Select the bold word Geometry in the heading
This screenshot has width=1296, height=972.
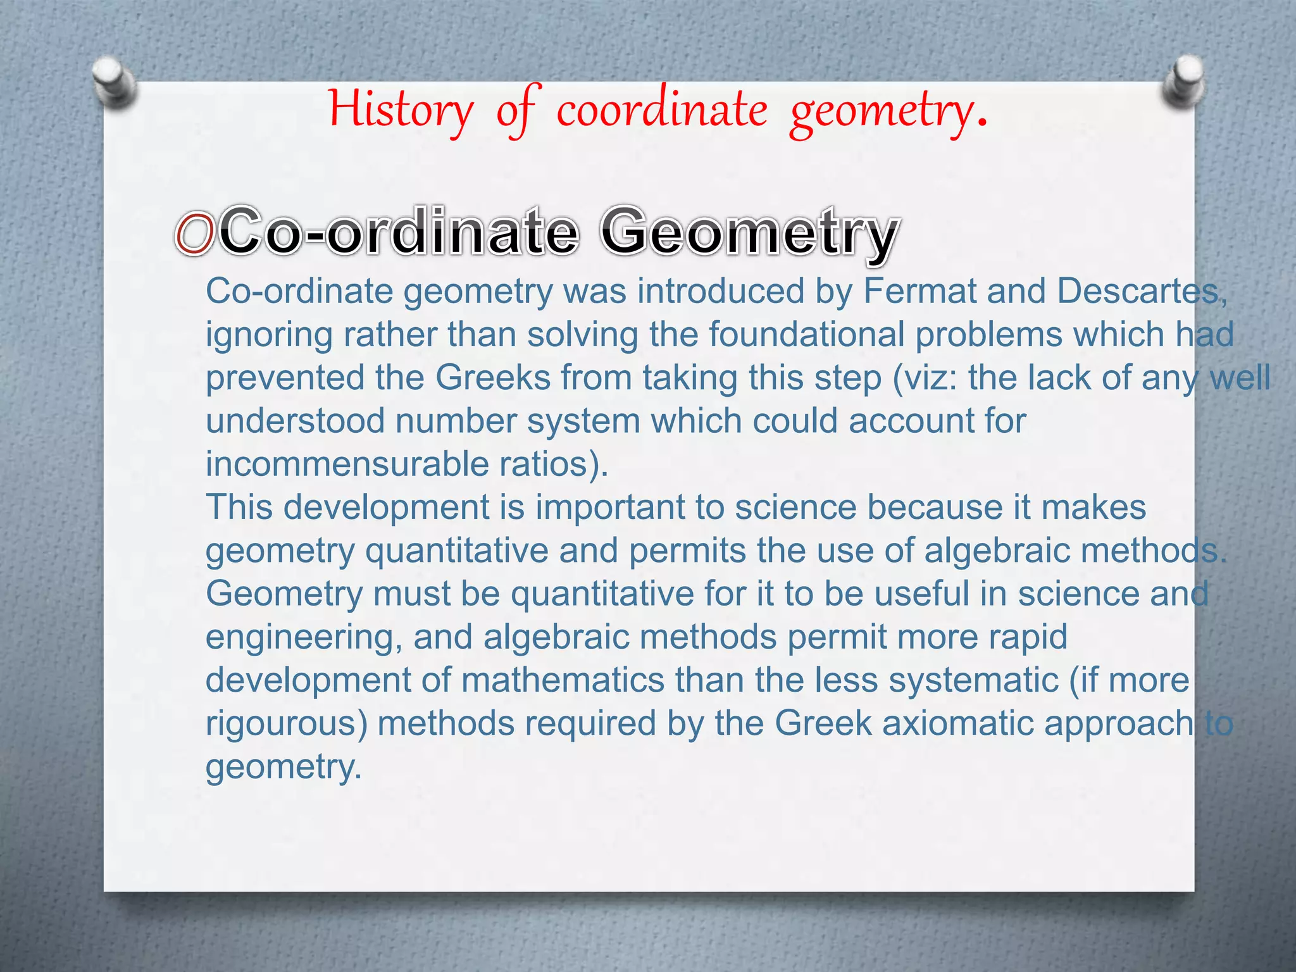coord(749,233)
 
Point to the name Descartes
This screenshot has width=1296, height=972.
coord(1137,292)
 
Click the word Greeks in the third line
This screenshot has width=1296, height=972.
coord(492,378)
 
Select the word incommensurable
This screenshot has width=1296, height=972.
coord(347,464)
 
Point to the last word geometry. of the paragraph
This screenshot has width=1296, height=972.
coord(282,768)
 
